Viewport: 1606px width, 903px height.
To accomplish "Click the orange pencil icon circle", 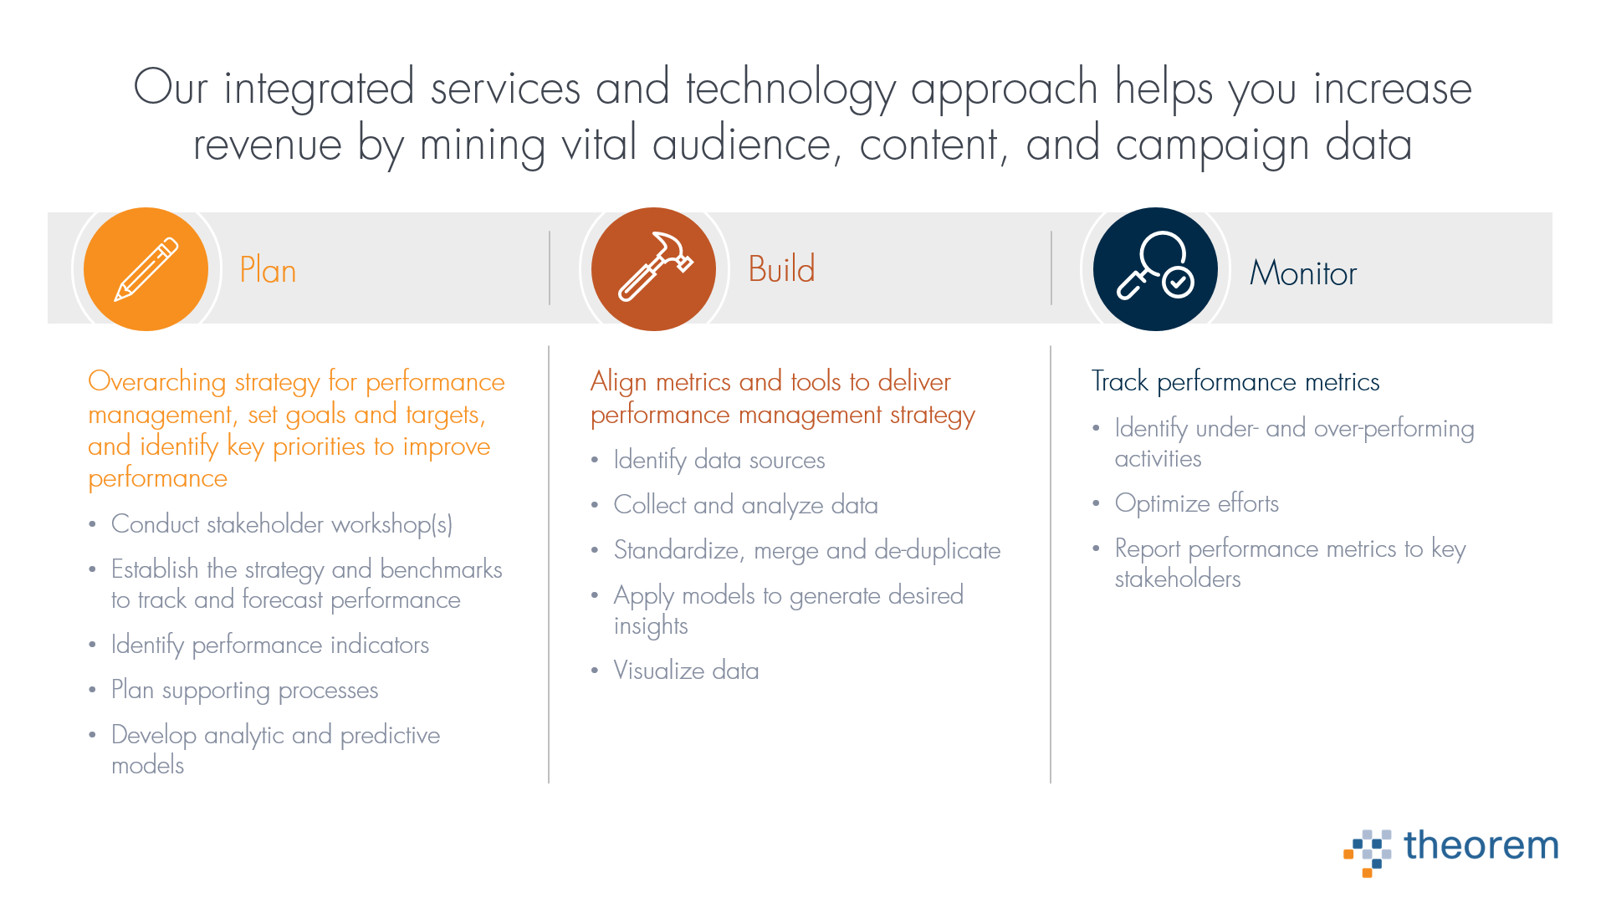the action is [x=146, y=269].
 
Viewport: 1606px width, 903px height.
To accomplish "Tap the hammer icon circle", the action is [x=653, y=269].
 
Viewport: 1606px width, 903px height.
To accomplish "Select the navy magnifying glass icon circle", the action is [x=1155, y=269].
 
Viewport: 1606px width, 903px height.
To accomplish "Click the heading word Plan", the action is [x=268, y=271].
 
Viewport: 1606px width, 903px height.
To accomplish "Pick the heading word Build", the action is [x=781, y=269].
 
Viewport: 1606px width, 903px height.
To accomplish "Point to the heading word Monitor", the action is [x=1302, y=273].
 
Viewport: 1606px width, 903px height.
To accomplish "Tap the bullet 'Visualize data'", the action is [x=686, y=671].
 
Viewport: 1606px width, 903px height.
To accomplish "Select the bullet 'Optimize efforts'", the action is [x=1197, y=503].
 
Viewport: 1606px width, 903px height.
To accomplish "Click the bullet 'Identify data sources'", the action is [x=719, y=461].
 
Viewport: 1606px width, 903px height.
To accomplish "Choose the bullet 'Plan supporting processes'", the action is [x=245, y=691].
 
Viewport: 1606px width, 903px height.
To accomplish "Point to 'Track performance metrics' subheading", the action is [x=1235, y=381].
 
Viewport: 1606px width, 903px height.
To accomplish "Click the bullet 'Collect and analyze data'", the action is [x=746, y=505].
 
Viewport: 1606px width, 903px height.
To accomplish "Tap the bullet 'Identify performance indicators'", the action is [x=270, y=645].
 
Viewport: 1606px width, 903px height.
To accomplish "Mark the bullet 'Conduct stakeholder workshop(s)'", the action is [x=282, y=524].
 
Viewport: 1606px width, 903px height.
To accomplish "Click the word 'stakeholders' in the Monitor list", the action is [x=1178, y=579].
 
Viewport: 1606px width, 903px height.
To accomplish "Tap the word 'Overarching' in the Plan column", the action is [x=157, y=382].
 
